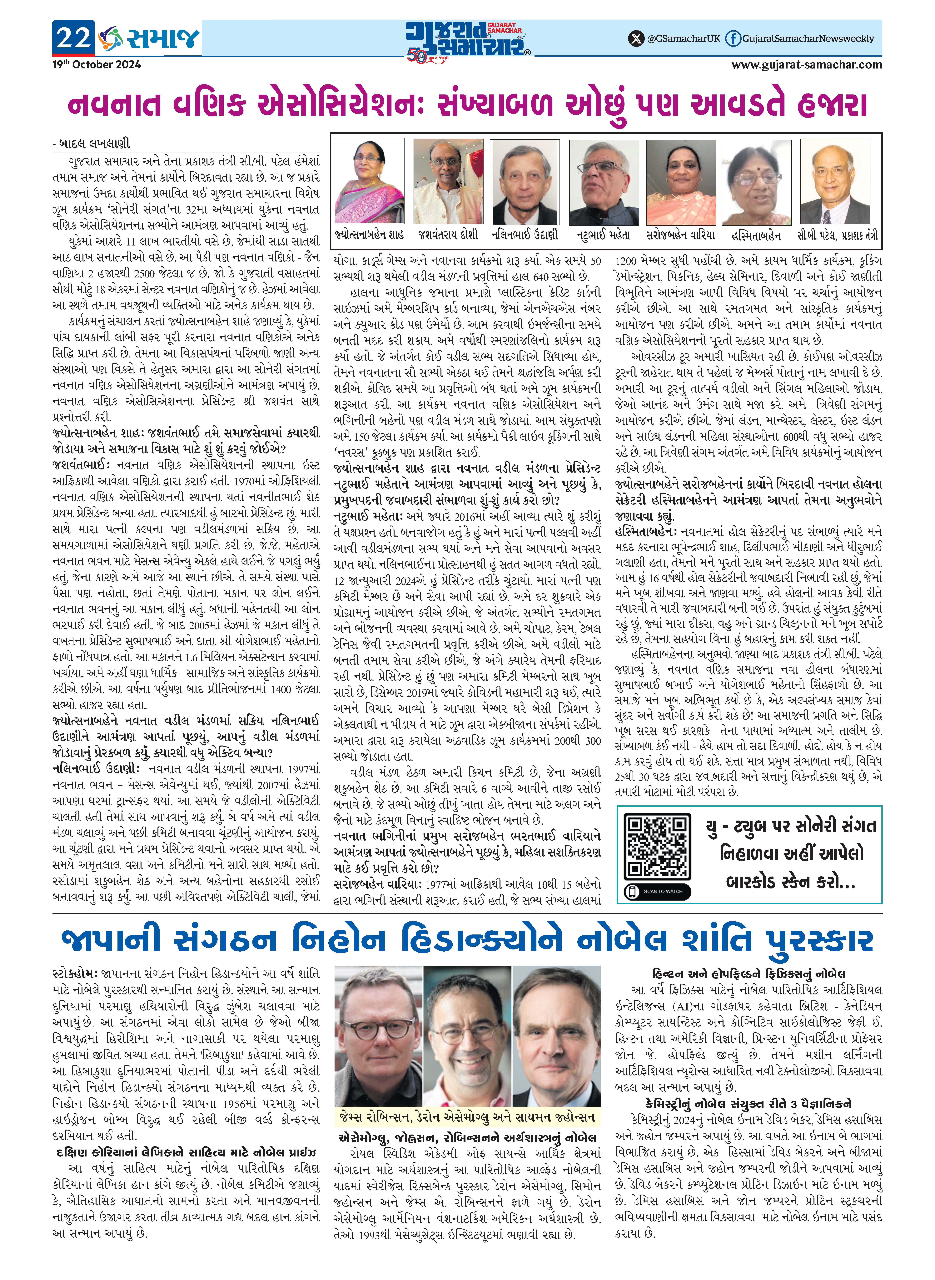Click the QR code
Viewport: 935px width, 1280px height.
click(657, 846)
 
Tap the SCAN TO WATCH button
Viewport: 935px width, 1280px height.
click(657, 891)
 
